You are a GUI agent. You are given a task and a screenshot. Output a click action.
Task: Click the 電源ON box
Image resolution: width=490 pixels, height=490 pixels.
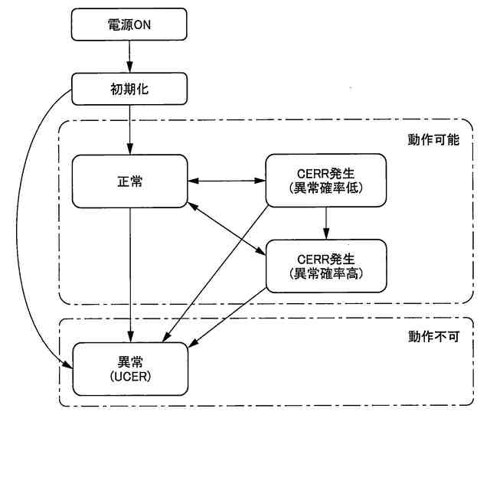click(129, 24)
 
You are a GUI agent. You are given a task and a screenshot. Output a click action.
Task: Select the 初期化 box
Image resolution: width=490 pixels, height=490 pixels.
click(129, 89)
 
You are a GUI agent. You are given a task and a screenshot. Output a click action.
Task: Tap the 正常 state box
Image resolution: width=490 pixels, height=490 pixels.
click(129, 181)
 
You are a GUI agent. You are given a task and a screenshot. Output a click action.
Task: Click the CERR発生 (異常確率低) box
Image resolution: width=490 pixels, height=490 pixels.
click(327, 181)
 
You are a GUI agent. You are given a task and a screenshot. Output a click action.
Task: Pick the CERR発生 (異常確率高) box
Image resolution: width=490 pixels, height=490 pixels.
click(327, 266)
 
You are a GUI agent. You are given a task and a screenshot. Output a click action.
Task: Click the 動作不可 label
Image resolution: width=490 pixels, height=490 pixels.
click(433, 337)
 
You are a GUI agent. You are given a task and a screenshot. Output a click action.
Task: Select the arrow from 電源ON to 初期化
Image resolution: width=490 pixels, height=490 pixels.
click(129, 57)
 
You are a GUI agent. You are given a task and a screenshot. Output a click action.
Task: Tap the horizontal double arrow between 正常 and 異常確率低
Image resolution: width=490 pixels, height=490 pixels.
click(226, 181)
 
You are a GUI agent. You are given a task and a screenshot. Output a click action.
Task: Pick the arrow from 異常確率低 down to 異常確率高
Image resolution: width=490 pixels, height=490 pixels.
click(327, 223)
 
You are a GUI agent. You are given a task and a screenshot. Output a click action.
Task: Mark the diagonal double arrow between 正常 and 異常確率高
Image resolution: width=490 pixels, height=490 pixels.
click(226, 227)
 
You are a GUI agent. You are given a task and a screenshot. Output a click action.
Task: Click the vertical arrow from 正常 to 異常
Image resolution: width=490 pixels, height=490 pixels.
click(129, 276)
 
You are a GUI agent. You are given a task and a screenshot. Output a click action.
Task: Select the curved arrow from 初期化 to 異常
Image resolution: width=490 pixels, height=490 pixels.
click(29, 230)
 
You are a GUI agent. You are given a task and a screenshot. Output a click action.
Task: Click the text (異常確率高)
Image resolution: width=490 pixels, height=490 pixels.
click(327, 273)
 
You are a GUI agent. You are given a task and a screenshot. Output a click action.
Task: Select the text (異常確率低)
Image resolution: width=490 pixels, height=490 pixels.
click(327, 189)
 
